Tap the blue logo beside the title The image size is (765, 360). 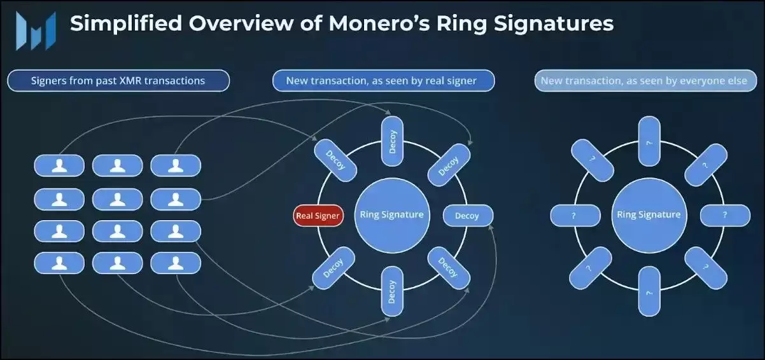click(36, 29)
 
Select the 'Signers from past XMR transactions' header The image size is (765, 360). click(118, 81)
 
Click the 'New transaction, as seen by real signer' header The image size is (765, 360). click(381, 81)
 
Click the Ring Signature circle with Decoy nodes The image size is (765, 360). click(391, 214)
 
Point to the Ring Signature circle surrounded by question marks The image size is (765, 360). click(649, 214)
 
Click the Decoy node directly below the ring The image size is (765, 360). click(391, 292)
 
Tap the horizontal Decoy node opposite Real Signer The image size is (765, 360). click(467, 216)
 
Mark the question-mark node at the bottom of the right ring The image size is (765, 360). click(649, 292)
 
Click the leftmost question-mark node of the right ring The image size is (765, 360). click(575, 216)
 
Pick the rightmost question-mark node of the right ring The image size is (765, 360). click(725, 216)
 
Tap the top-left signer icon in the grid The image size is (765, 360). click(59, 165)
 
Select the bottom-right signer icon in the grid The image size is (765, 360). click(176, 263)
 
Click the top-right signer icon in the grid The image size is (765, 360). click(176, 165)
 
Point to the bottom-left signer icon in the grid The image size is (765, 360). click(59, 263)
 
